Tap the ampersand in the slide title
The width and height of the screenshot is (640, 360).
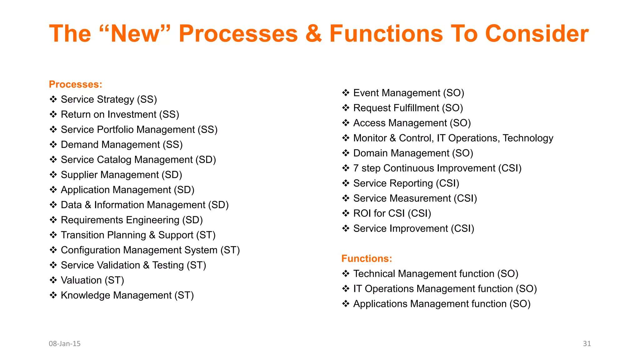point(313,34)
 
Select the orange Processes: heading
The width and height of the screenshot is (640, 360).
point(75,84)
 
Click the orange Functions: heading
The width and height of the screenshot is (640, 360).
point(367,258)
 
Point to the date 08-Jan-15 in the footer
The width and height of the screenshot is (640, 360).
point(65,343)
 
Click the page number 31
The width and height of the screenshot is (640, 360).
point(587,343)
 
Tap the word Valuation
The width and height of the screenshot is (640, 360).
point(81,280)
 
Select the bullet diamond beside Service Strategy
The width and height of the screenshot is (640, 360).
point(53,99)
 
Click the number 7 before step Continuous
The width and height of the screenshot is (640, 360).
point(356,168)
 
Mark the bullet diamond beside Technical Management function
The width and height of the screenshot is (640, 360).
point(346,274)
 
